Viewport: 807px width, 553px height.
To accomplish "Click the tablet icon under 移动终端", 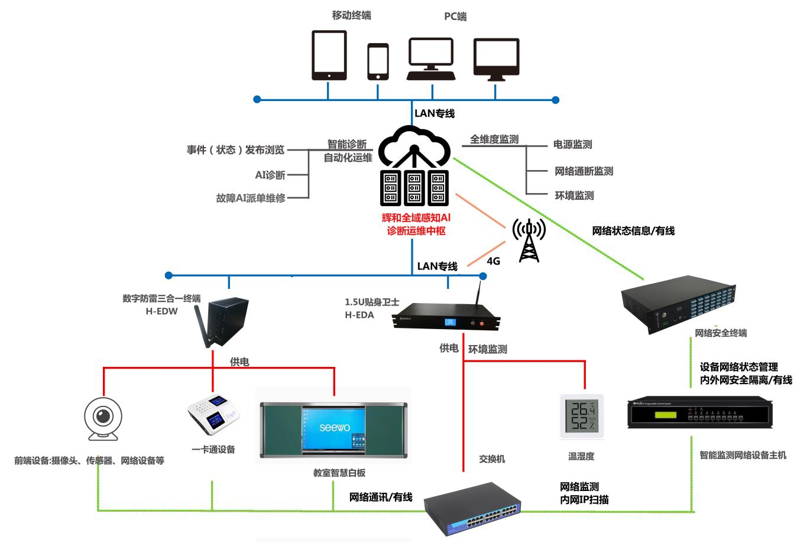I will (x=329, y=55).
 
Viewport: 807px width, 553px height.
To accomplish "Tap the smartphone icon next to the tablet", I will (x=378, y=61).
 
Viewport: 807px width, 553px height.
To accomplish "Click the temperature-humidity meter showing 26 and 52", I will (x=582, y=417).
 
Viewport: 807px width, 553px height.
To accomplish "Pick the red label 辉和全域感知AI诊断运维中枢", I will (x=416, y=225).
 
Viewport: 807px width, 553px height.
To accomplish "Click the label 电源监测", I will (x=572, y=144).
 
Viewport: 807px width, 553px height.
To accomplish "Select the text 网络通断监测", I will (x=584, y=171).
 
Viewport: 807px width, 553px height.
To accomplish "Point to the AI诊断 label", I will (x=270, y=175).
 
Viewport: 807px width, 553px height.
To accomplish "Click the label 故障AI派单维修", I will (x=251, y=199).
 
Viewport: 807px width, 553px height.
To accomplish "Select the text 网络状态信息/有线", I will (x=633, y=231).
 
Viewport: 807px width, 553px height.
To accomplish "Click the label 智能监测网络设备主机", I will (x=743, y=456).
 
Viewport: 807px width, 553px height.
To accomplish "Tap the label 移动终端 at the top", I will (x=351, y=15).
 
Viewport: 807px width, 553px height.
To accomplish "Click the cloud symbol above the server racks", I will (x=414, y=147).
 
